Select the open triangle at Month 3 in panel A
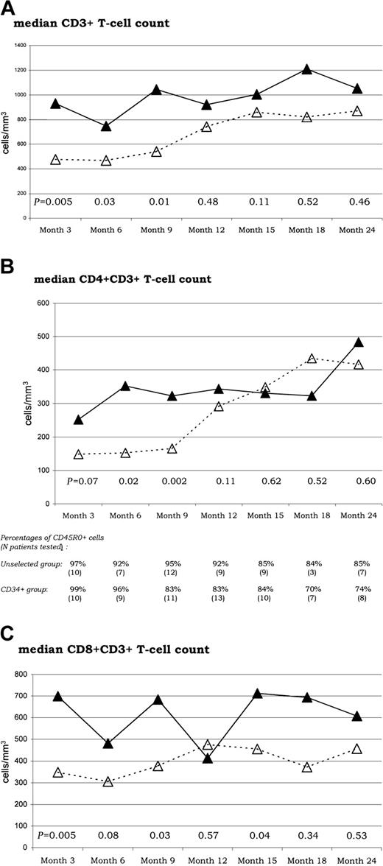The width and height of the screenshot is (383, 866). click(55, 159)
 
